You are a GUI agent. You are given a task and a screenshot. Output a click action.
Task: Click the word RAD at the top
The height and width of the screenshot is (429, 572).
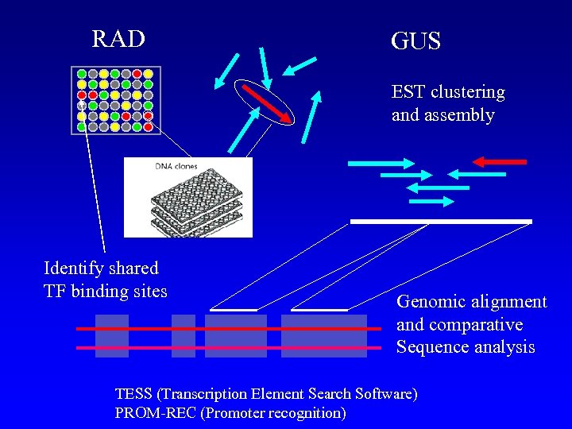coord(118,39)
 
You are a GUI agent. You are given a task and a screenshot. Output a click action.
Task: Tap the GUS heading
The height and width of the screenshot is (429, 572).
coord(415,41)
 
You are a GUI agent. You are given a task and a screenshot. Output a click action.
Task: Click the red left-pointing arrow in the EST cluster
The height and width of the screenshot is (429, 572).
coord(500,162)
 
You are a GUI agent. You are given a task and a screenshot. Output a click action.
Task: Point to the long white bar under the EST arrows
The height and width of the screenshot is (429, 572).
coord(441,221)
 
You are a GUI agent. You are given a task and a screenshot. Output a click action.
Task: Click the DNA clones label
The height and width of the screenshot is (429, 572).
coord(176,167)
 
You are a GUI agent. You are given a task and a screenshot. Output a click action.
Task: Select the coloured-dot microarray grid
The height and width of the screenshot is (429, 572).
coord(115,99)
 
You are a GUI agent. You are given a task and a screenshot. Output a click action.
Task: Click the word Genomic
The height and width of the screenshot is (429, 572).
coord(429,302)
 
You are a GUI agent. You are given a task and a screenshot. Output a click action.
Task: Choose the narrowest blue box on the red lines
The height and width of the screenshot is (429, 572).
coord(184,336)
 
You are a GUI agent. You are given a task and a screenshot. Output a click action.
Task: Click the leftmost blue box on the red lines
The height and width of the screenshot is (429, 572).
coord(112,336)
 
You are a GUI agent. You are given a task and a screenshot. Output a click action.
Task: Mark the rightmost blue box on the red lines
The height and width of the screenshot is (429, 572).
coord(324,336)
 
